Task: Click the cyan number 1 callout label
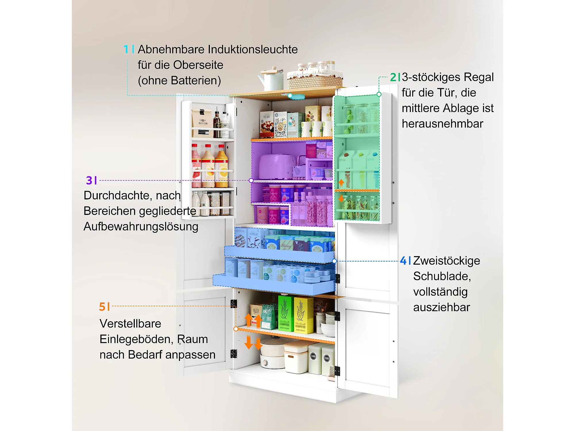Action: (126, 49)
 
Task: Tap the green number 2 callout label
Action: (393, 77)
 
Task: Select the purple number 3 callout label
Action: (89, 180)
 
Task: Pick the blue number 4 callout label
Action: (403, 261)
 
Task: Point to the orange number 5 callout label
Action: (102, 307)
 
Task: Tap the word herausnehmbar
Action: (442, 124)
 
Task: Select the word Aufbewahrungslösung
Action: (141, 227)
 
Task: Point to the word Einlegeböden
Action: (137, 339)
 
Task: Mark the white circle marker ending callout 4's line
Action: (334, 261)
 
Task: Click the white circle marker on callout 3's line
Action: (251, 180)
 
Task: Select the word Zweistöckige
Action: (447, 261)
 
